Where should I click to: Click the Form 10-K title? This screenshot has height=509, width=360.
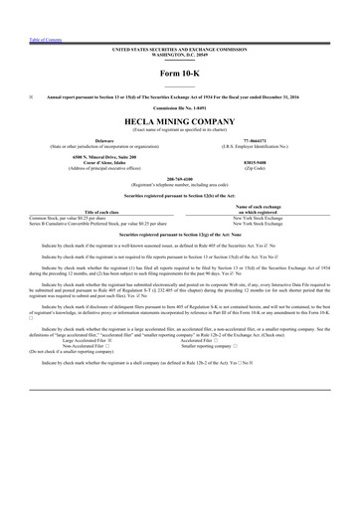180,75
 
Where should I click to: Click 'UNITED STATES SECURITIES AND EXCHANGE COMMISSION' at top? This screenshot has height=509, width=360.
180,47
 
